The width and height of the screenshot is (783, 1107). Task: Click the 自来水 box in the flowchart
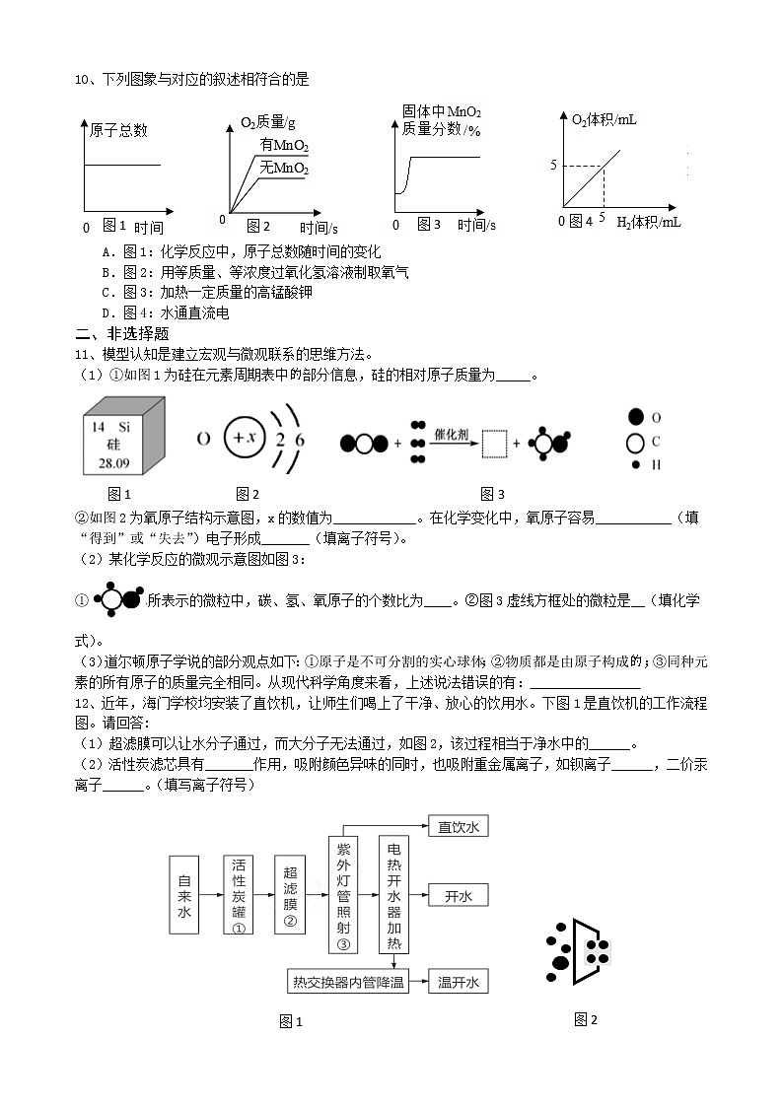click(183, 898)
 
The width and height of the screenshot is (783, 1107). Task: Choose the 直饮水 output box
click(459, 827)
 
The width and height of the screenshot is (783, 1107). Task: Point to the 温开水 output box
click(459, 982)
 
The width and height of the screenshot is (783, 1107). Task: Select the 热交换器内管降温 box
click(348, 982)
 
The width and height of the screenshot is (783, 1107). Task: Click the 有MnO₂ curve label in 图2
click(284, 147)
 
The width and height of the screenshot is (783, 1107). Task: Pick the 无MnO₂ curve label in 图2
click(284, 169)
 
